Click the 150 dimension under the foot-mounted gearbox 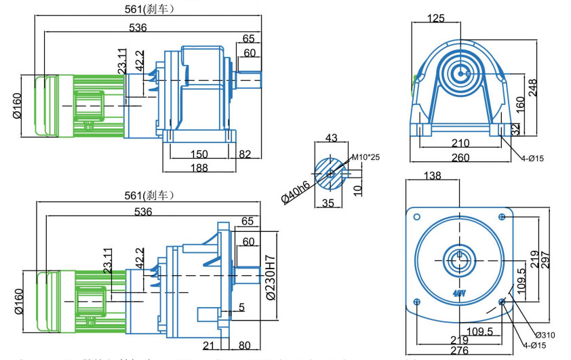coord(199,154)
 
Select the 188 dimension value coord(199,167)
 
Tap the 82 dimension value coord(245,154)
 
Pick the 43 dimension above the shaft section coord(332,138)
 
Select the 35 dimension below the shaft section coord(329,203)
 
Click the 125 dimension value coord(436,18)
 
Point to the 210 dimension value coord(461,143)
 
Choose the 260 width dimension coord(461,157)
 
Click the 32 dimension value coord(515,127)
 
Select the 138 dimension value coord(432,176)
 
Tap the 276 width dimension coord(460,350)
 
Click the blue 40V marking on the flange coord(458,294)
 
